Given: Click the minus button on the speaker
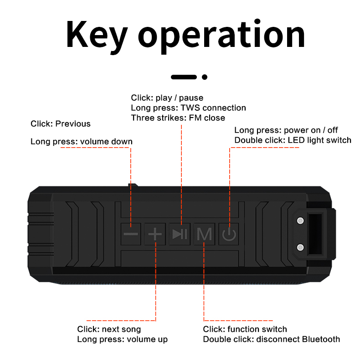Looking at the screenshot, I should point(131,234).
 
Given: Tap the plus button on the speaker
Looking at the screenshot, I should point(155,234).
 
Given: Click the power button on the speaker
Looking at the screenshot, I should point(229,235).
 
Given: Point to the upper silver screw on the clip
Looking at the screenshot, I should point(300,221).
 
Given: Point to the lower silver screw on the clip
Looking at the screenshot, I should point(300,247).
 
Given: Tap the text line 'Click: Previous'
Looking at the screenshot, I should point(61,124).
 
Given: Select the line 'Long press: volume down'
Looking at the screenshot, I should point(82,141).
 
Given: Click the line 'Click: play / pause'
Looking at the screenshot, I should point(167,98).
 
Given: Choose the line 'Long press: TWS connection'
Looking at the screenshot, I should point(188,108).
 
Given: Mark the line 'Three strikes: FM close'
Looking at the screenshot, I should point(178,118).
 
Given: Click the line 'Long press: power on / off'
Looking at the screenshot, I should point(286,130).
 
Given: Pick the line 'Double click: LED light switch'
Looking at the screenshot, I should point(293,140).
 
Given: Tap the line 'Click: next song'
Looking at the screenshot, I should point(109,329).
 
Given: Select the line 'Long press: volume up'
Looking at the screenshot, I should point(122,339).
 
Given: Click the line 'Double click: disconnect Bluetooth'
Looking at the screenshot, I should point(271,339).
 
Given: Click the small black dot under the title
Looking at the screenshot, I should point(205,77).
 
